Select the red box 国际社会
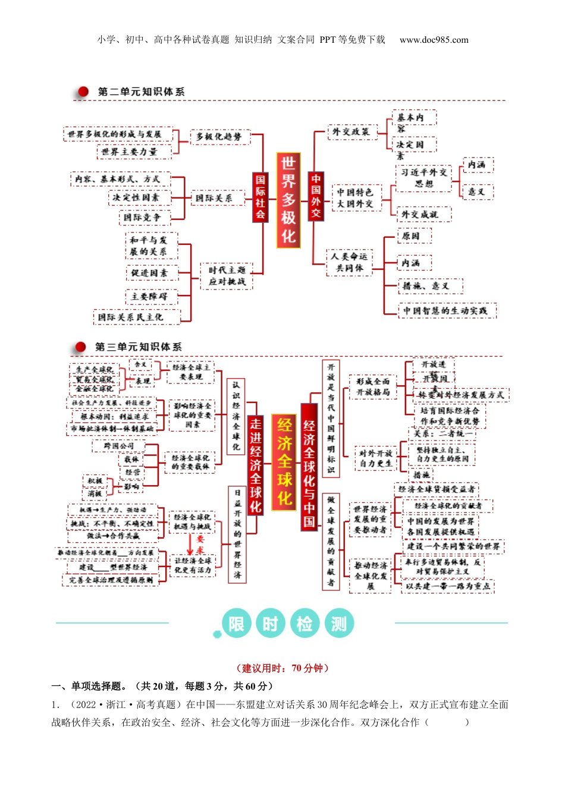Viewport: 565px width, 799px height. [260, 197]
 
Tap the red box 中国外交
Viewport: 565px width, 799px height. [316, 196]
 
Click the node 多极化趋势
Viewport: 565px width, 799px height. [219, 137]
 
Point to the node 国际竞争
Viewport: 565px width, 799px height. [142, 218]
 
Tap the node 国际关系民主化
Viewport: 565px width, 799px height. [130, 317]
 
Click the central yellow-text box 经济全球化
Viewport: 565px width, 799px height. [285, 461]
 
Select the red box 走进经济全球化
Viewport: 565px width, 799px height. [256, 465]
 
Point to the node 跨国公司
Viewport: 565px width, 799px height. [119, 446]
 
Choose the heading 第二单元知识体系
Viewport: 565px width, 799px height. [141, 92]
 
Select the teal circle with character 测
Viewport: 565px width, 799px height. [339, 624]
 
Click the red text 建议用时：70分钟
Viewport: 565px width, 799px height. [282, 668]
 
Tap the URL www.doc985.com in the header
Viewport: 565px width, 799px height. [434, 40]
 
